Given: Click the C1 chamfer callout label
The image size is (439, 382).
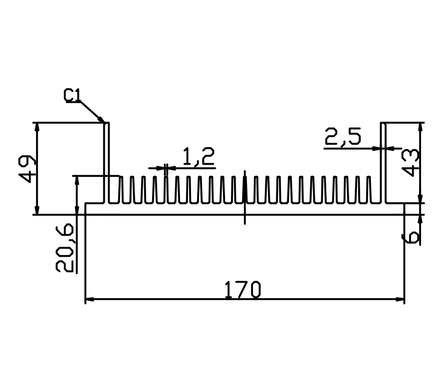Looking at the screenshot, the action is [x=72, y=95].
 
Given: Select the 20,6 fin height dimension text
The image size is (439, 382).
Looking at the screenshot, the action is [x=65, y=248].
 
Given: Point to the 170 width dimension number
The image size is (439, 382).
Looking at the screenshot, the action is [x=242, y=290].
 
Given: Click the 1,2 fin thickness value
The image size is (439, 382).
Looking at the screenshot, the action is [x=199, y=156].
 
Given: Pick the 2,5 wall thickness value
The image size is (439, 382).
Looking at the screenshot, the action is [x=343, y=137].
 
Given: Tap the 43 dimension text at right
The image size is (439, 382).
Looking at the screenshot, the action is [x=411, y=163].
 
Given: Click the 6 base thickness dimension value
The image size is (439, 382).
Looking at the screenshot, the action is [x=411, y=237].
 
